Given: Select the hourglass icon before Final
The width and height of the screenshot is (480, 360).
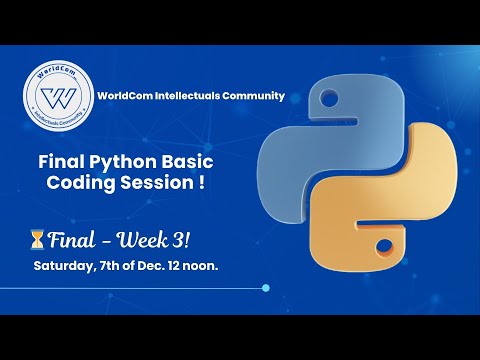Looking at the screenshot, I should [38, 240].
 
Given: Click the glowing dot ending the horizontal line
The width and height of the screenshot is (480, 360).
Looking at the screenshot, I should [265, 288].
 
